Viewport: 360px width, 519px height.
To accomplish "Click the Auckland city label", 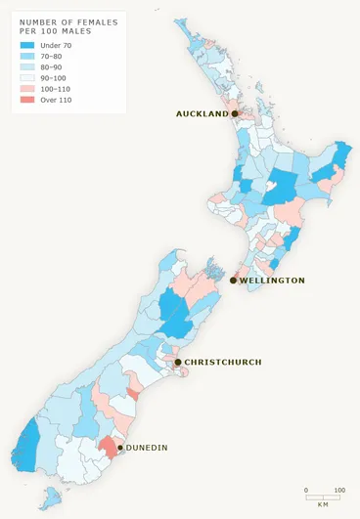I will (x=202, y=113).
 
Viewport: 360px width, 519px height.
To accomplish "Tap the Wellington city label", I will (x=274, y=281).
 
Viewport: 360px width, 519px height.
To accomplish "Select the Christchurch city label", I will (x=224, y=363).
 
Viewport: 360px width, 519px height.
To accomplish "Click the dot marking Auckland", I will (x=235, y=113).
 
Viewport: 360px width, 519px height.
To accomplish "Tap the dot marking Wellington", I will (x=234, y=281).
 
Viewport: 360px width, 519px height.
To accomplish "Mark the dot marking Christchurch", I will (x=178, y=362).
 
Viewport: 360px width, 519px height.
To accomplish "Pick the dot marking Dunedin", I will (x=119, y=448).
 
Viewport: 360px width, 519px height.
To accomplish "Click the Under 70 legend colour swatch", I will (x=27, y=46).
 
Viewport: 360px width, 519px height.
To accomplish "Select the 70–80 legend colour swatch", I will (x=27, y=57).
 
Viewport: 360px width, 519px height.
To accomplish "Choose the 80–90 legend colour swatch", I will (x=27, y=67).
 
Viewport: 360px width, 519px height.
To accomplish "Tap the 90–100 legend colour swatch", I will (x=27, y=78).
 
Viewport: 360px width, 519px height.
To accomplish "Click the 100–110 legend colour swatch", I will (x=27, y=89).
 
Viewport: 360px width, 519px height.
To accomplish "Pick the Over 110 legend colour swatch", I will (x=27, y=100).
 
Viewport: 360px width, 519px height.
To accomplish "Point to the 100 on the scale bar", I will (x=339, y=490).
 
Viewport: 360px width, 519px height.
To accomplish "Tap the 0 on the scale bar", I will (x=306, y=490).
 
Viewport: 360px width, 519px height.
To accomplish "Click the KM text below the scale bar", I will (x=323, y=505).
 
